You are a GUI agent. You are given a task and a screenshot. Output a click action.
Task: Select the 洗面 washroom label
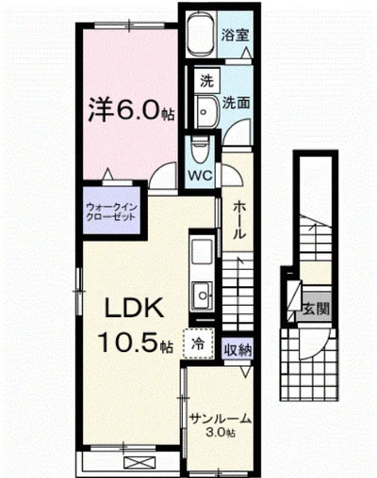(x=237, y=104)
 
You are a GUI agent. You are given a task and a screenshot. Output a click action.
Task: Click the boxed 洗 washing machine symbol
(x=205, y=82)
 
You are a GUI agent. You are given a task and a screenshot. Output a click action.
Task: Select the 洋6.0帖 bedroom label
(x=130, y=111)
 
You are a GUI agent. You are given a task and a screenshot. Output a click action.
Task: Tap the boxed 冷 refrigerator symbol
(x=199, y=345)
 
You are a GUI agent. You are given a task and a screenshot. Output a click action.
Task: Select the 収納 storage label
(x=238, y=350)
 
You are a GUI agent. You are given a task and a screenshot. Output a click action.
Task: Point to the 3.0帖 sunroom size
(x=222, y=436)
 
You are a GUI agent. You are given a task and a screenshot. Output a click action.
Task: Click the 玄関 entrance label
(x=316, y=308)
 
